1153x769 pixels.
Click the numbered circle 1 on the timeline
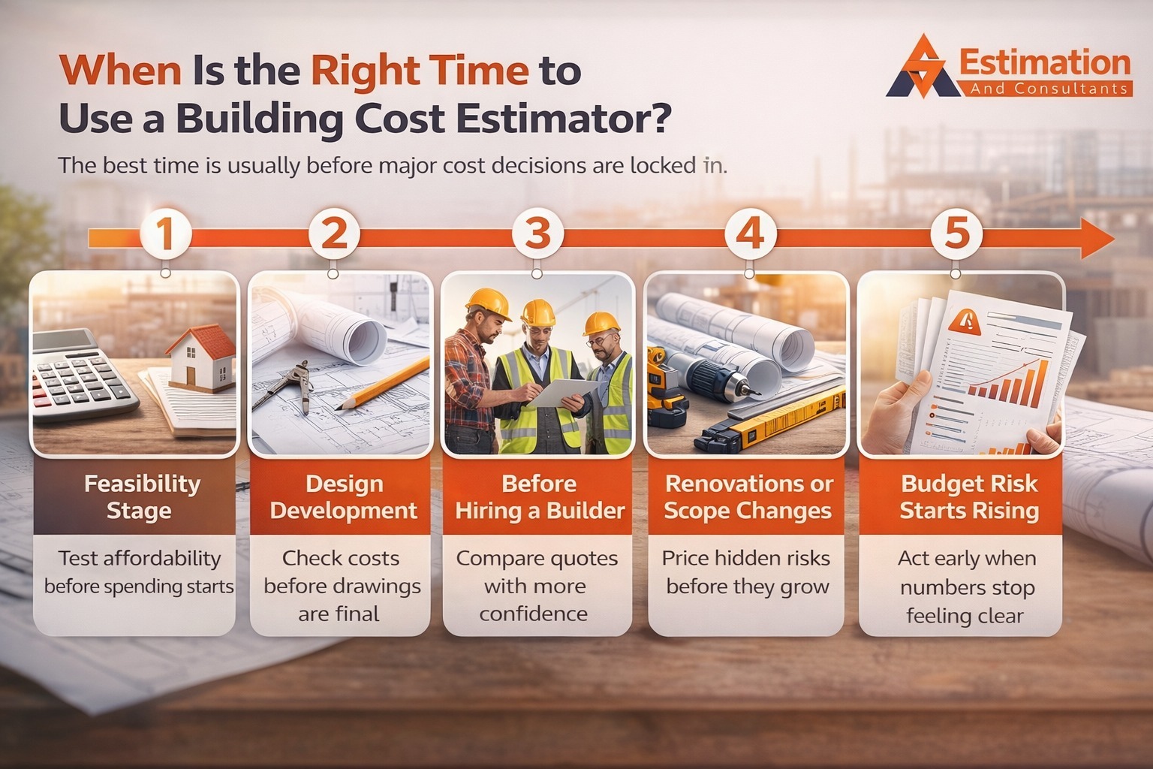(165, 234)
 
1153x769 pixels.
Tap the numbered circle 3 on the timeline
(537, 234)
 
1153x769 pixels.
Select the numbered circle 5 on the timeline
(956, 234)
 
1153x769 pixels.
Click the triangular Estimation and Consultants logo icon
(920, 68)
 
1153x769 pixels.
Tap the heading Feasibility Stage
(141, 496)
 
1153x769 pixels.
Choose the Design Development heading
(343, 496)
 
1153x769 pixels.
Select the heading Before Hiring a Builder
(540, 496)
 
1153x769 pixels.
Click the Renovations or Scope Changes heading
(748, 496)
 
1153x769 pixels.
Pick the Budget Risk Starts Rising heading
(969, 496)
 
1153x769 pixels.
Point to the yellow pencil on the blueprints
(383, 383)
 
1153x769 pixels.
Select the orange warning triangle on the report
(965, 322)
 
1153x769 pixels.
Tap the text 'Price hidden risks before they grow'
(748, 572)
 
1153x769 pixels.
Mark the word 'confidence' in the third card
(533, 614)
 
